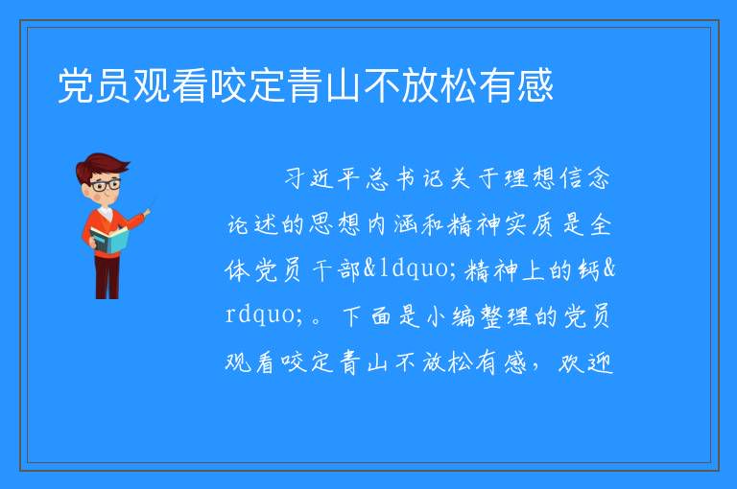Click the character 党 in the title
(76, 85)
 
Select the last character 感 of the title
(535, 85)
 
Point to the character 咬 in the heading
(229, 85)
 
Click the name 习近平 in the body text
(322, 179)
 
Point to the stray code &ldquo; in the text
(408, 269)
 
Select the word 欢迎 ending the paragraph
(585, 361)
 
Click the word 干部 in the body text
(336, 270)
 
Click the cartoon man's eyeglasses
(106, 185)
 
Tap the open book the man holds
(109, 240)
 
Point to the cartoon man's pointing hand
(147, 212)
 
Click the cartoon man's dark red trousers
(107, 277)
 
